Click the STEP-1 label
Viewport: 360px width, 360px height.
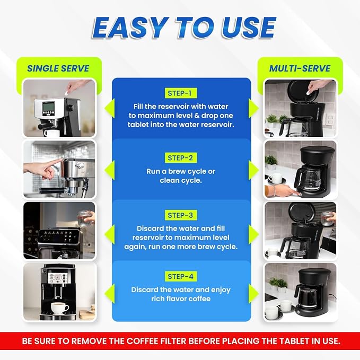coord(181,93)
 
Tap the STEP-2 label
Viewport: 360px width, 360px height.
coord(181,157)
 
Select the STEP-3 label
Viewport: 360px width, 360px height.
coord(181,215)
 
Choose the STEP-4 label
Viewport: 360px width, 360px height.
coord(181,276)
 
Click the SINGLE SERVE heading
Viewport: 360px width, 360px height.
coord(58,68)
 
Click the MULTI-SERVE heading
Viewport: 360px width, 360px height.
coord(300,68)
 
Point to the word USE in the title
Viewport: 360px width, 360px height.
coord(249,28)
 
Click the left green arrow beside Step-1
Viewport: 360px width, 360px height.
coord(109,108)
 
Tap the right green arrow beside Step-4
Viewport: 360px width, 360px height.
coord(253,294)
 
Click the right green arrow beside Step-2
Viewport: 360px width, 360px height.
coord(253,170)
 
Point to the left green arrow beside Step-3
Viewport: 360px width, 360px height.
coord(109,234)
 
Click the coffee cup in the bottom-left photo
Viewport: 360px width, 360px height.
coord(59,308)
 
